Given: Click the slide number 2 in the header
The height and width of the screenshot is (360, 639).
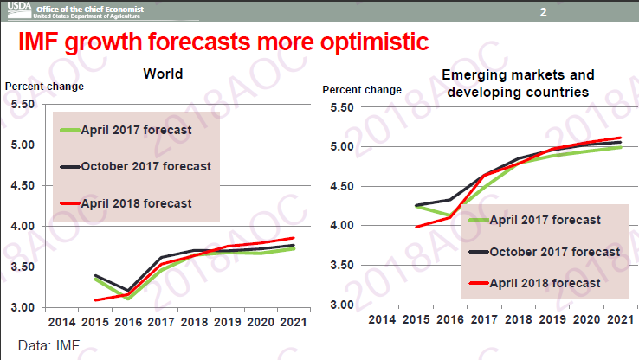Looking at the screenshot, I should click(x=543, y=12).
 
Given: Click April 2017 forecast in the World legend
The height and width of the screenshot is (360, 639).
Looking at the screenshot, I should click(x=136, y=130).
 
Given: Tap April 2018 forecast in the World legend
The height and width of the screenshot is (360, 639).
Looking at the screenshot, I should click(x=136, y=203).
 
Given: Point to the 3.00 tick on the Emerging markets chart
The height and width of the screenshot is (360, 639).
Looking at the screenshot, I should click(x=342, y=305).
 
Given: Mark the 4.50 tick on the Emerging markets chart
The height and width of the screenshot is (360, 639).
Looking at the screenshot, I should click(x=342, y=186).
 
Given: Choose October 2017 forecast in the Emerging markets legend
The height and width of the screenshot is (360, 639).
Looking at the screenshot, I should click(x=555, y=252).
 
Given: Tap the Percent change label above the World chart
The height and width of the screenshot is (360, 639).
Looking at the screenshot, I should click(x=45, y=87).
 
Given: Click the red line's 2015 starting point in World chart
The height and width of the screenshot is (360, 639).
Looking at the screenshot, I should click(x=95, y=300).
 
